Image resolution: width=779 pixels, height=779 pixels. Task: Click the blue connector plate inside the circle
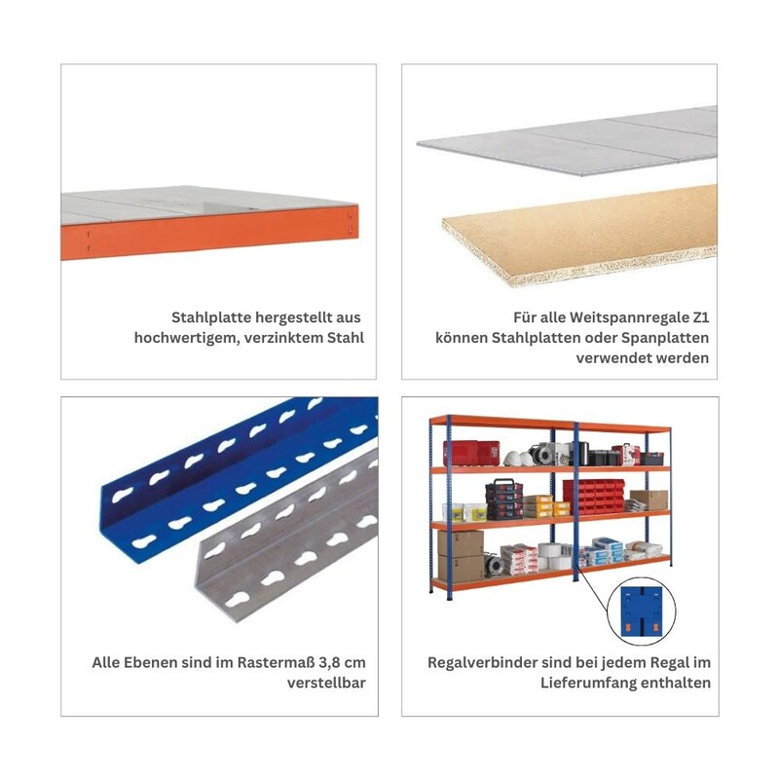coord(642,612)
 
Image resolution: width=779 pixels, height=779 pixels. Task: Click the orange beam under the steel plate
coord(208,233)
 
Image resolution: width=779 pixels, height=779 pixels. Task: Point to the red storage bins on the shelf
coord(593,497)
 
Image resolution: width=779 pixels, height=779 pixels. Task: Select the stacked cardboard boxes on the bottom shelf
coord(461,556)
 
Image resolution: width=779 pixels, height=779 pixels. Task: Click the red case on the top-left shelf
coord(470,453)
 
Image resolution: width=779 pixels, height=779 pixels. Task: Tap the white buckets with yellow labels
coord(464,512)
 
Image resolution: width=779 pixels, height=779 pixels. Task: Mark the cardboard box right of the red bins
coord(649,500)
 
